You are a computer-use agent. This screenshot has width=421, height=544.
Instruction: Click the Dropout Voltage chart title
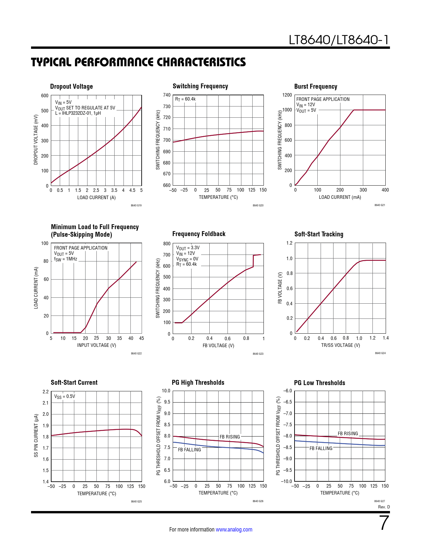click(x=71, y=86)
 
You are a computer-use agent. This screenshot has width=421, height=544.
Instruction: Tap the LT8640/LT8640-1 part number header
click(x=339, y=40)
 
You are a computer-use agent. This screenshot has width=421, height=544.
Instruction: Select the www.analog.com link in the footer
click(x=234, y=529)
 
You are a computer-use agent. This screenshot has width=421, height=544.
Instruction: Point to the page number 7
click(x=384, y=523)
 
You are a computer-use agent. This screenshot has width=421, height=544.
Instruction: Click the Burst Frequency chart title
click(x=316, y=86)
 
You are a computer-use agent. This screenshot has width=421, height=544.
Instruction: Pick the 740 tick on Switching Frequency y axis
click(x=167, y=95)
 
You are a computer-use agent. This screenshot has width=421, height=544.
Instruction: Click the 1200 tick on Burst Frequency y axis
click(x=287, y=95)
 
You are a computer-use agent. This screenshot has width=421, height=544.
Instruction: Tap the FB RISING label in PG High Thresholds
click(x=230, y=437)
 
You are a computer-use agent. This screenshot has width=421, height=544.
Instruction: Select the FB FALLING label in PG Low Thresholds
click(x=321, y=448)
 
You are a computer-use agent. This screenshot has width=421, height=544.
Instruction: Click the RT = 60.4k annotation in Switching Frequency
click(x=185, y=99)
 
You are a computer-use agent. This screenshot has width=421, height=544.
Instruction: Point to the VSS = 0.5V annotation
click(x=65, y=396)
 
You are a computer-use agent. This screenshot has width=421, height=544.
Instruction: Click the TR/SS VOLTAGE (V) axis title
click(x=340, y=345)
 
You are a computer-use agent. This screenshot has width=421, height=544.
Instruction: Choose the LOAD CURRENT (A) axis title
click(x=96, y=197)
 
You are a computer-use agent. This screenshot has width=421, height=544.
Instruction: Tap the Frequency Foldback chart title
click(x=199, y=234)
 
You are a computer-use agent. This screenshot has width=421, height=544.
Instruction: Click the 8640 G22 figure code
click(x=136, y=353)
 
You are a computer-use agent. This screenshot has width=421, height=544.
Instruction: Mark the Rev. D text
click(x=384, y=507)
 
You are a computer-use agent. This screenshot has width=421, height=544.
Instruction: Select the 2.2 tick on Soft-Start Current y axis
click(x=46, y=392)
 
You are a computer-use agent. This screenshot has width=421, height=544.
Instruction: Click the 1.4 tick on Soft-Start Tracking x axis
click(x=386, y=338)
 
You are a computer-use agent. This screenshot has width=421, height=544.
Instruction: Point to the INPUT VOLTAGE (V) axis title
click(x=96, y=345)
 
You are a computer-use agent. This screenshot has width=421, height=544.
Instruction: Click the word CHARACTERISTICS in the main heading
click(x=201, y=62)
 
